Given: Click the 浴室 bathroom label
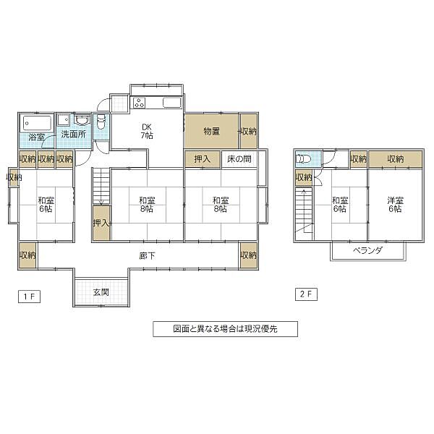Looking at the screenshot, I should click(35, 137).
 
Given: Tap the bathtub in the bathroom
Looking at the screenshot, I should click(35, 122).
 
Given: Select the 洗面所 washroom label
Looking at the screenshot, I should click(72, 135).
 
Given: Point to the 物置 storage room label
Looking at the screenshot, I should click(211, 131).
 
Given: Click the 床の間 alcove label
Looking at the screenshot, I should click(239, 159).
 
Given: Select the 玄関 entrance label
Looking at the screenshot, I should click(101, 292).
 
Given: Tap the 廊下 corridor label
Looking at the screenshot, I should click(148, 255).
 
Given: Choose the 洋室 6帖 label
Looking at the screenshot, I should click(394, 205).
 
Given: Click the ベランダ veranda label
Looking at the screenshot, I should click(367, 250).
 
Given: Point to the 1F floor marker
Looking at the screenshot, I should click(25, 295).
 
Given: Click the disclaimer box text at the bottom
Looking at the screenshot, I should click(225, 328).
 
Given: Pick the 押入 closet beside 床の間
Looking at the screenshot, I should click(202, 159).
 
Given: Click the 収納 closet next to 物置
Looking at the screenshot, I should click(248, 131).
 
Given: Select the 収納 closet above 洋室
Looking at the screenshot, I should click(395, 159).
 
